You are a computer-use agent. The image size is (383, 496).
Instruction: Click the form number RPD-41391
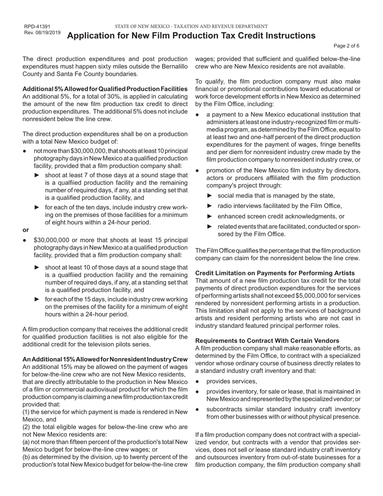37,27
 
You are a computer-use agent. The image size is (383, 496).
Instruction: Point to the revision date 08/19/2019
48,33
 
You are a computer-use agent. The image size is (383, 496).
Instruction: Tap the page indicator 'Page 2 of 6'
347,46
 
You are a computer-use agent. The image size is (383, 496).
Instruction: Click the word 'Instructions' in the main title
289,36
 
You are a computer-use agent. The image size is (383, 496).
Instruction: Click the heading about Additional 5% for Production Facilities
105,89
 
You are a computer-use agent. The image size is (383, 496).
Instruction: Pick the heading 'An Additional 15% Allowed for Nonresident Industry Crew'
105,359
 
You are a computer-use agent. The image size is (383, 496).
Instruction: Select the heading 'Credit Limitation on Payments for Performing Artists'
275,273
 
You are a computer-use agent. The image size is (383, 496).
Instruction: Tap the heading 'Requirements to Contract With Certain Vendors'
267,341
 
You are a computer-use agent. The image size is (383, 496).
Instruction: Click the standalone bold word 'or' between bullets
26,230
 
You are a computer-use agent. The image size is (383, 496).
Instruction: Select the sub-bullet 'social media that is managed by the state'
276,196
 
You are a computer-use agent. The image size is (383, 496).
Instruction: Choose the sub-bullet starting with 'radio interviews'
279,206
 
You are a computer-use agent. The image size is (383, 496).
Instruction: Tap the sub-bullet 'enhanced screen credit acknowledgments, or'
281,216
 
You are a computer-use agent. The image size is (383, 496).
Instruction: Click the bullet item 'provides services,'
231,381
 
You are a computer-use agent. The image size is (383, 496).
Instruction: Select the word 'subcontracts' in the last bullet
224,409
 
